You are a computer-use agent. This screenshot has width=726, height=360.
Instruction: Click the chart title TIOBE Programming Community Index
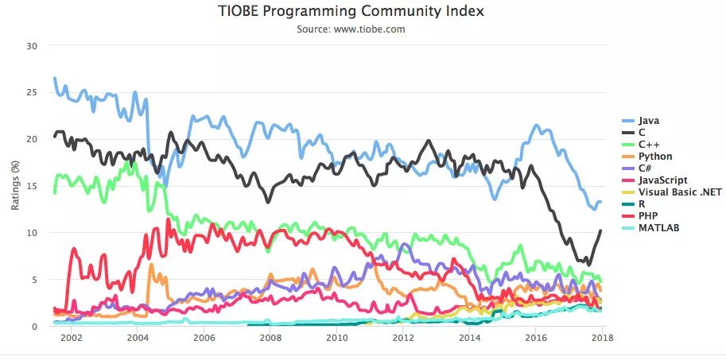351,11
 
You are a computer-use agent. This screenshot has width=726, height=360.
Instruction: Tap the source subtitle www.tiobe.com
351,29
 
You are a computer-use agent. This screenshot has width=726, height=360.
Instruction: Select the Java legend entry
649,120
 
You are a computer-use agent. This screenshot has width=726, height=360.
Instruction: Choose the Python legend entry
653,157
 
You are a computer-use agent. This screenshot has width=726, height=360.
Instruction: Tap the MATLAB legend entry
656,228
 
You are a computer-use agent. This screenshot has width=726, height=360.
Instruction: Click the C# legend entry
645,168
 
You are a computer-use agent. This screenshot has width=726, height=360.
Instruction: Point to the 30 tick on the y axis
33,45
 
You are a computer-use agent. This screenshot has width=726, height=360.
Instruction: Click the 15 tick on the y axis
33,186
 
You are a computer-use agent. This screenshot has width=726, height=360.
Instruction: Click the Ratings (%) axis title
15,186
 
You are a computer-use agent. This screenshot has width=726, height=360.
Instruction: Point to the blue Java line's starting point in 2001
54,78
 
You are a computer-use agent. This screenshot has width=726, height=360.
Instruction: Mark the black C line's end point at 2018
601,230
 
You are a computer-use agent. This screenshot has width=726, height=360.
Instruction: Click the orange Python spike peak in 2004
151,265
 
